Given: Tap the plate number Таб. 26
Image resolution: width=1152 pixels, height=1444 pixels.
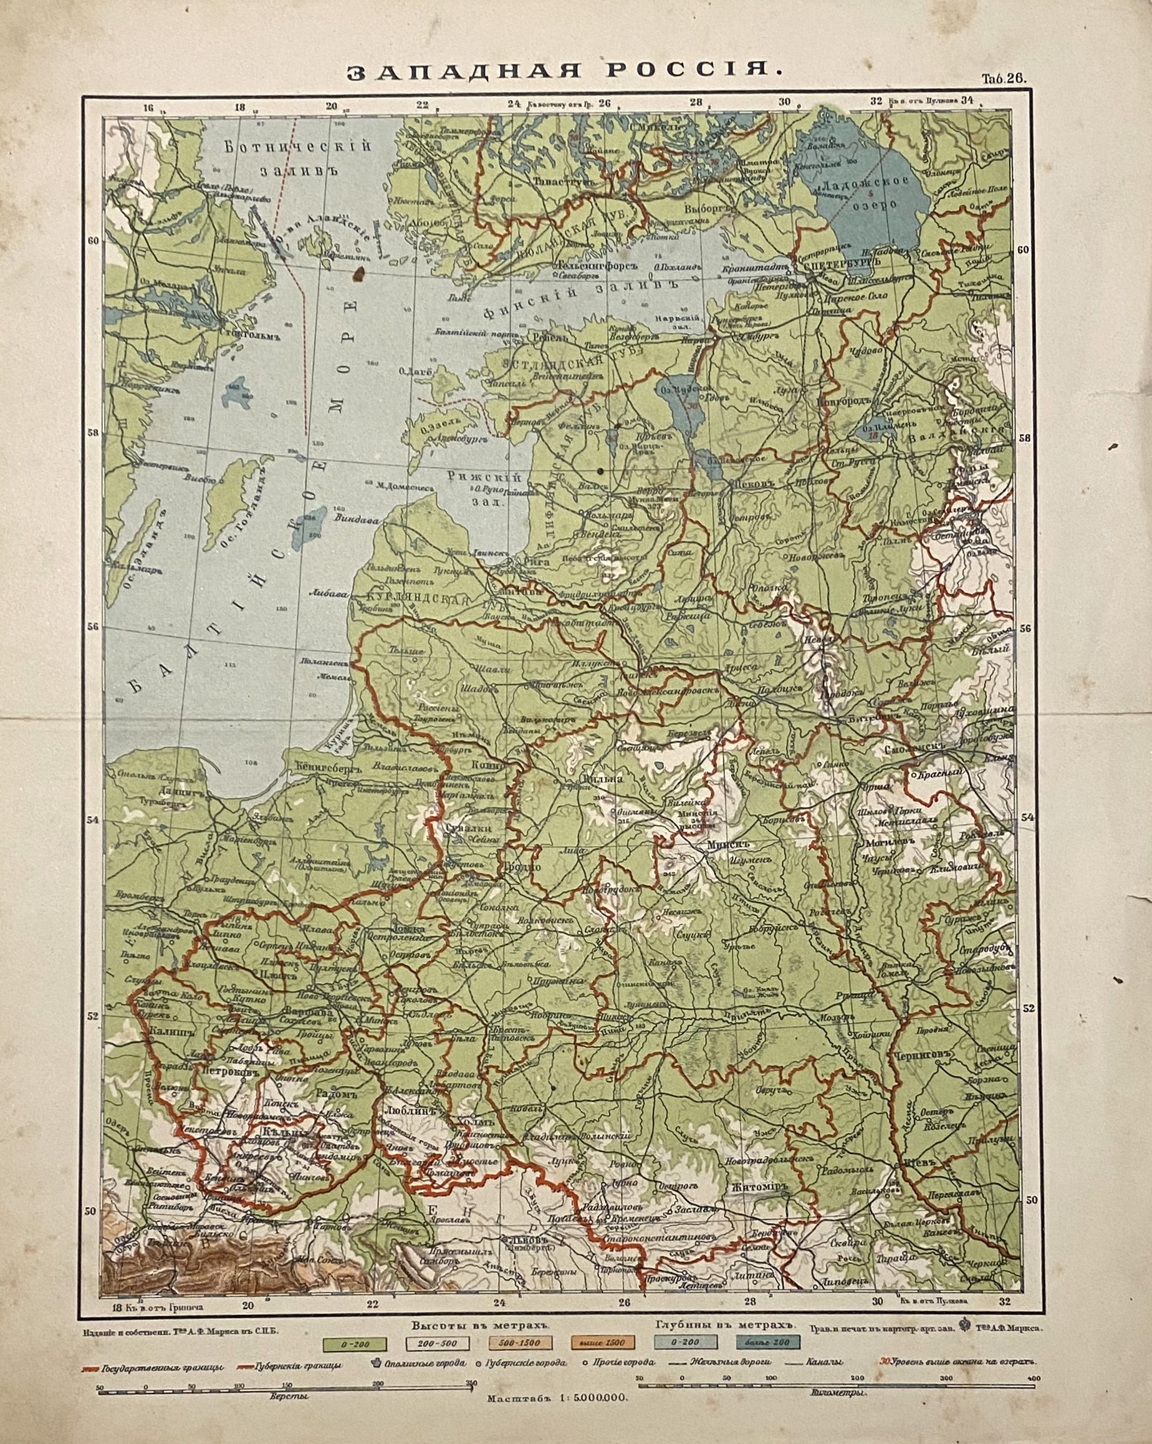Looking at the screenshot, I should coord(1004,78).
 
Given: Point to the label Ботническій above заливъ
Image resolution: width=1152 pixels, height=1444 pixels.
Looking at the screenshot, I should coord(298,147).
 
